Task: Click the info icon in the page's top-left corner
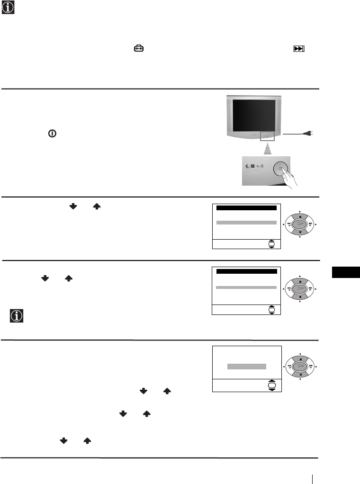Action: [x=8, y=7]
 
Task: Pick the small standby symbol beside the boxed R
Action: [x=261, y=167]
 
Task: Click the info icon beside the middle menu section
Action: [x=17, y=316]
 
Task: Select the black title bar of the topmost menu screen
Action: [x=246, y=208]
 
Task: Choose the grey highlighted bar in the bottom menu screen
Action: [x=246, y=366]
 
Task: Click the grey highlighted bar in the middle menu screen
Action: [x=246, y=287]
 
